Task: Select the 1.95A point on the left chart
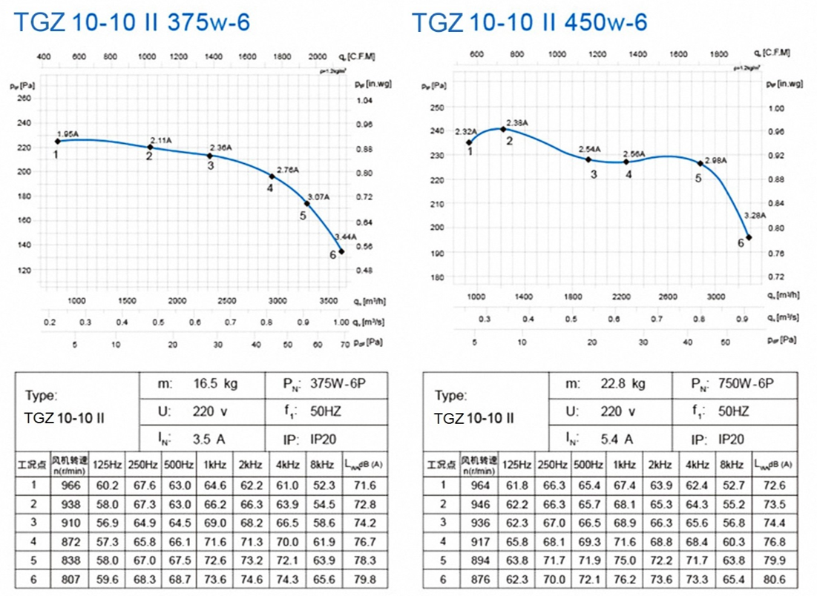coord(57,142)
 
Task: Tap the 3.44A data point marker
coord(341,251)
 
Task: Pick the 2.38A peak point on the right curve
coord(503,129)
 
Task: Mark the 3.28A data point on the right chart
coord(749,237)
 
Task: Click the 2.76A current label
coord(287,170)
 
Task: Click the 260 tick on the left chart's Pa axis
coord(24,99)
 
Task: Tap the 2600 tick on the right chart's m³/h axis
coord(668,297)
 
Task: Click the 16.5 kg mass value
coord(215,385)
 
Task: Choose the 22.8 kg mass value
coord(623,384)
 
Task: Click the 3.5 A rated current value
coord(209,439)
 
